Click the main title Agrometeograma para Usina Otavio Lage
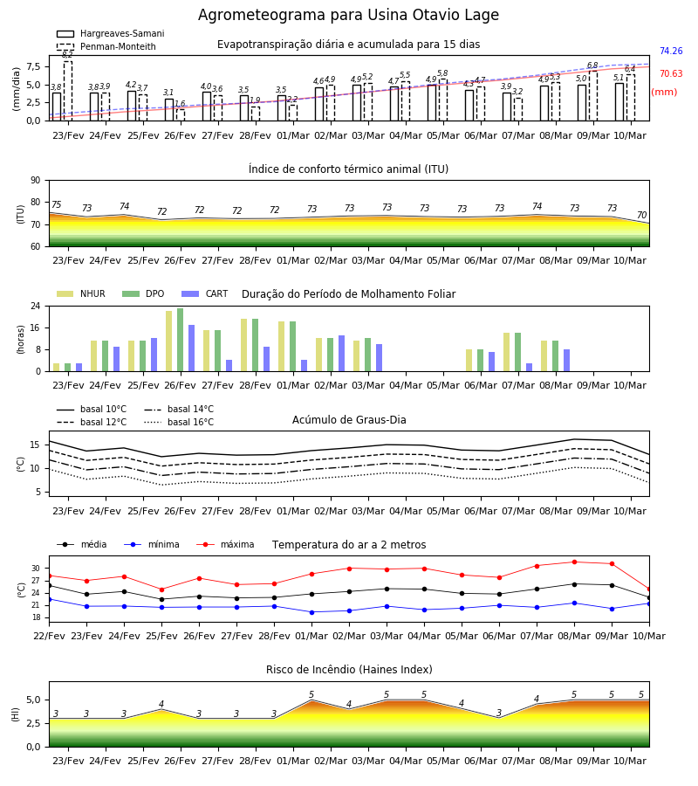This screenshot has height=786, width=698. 348,15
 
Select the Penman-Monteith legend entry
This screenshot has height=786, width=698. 106,46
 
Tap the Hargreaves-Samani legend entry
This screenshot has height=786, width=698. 110,33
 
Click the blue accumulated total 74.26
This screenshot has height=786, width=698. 671,52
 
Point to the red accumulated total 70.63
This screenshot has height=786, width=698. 671,73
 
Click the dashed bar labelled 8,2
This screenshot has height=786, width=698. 68,91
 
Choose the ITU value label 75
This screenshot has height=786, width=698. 56,204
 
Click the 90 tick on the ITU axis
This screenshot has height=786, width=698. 36,181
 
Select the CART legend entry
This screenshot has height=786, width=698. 204,293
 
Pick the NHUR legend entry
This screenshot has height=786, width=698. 81,293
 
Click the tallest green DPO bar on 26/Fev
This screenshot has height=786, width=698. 181,340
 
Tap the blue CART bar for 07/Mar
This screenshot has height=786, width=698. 530,368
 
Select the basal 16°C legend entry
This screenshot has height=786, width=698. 179,422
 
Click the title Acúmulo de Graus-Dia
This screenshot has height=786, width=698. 349,420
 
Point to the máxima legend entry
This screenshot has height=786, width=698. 225,544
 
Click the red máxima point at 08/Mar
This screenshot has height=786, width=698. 574,562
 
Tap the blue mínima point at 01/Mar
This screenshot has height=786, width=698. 312,612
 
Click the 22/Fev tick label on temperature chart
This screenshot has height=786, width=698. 49,636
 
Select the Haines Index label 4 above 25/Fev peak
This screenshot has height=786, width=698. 161,704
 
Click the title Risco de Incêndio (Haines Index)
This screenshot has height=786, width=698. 349,670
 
